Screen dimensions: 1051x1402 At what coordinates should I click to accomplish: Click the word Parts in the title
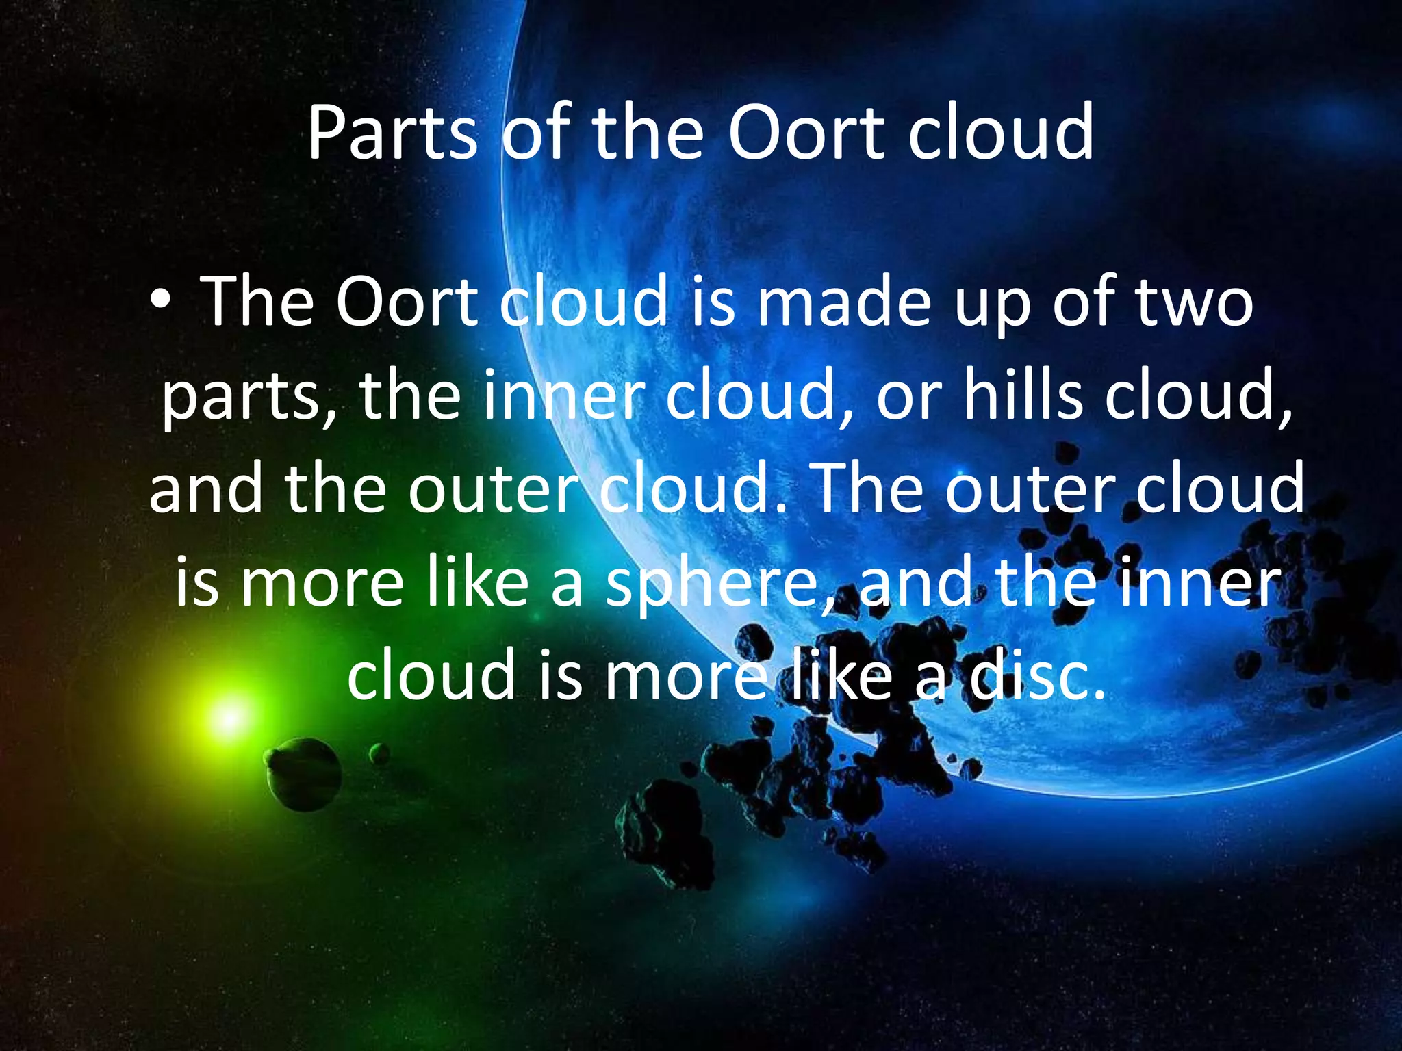(x=392, y=133)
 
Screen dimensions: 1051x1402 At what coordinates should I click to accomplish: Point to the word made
(x=843, y=302)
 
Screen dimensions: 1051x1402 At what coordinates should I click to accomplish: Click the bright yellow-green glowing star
(x=229, y=718)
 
